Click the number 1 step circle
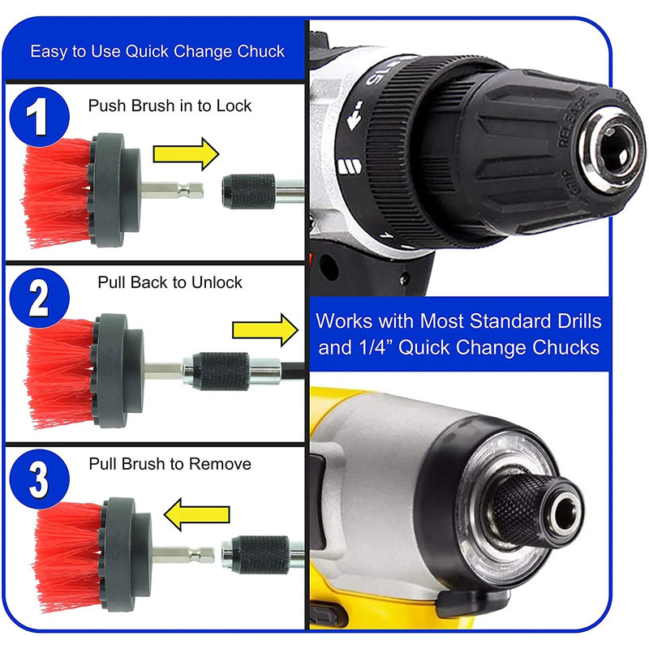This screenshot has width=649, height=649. tap(39, 117)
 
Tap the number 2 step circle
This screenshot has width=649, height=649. tap(39, 298)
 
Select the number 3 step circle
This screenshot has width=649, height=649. tap(39, 479)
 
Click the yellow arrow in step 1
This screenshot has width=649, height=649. tap(186, 154)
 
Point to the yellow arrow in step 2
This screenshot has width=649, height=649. tap(265, 330)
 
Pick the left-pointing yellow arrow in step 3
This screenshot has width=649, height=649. tap(196, 514)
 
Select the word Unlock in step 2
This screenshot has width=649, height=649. tap(217, 282)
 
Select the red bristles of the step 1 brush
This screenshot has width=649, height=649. tap(57, 192)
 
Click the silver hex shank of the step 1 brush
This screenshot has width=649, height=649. tap(172, 191)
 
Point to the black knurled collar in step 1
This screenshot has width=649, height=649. tap(248, 191)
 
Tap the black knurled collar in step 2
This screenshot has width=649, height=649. tap(221, 372)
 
